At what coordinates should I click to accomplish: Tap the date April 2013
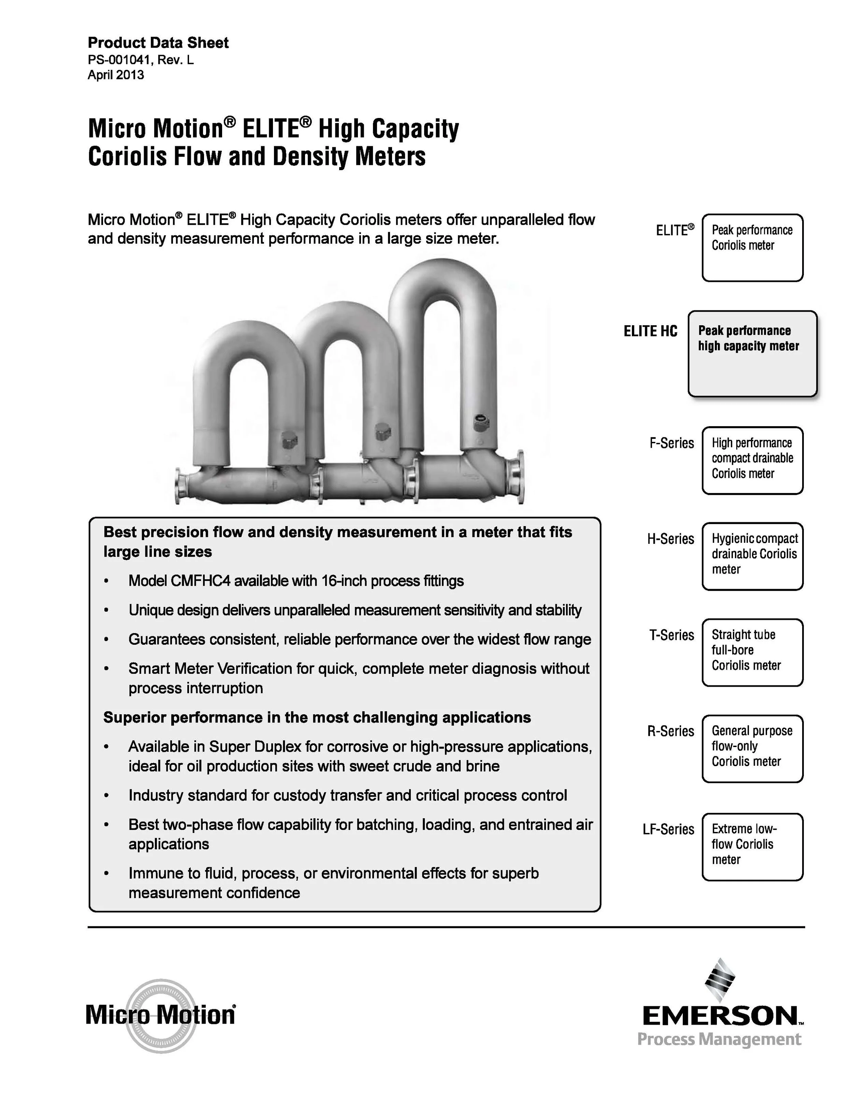(116, 75)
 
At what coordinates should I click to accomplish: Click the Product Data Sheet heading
(158, 43)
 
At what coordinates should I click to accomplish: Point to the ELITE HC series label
(650, 331)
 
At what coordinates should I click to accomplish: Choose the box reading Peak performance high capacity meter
(752, 354)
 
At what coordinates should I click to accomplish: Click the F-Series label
(671, 444)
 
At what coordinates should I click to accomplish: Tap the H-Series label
(670, 539)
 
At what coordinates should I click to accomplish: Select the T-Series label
(671, 635)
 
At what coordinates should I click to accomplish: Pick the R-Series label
(670, 731)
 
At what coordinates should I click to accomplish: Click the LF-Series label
(668, 829)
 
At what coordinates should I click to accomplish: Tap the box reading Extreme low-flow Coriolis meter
(752, 847)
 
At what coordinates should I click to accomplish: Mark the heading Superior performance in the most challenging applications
(317, 718)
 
